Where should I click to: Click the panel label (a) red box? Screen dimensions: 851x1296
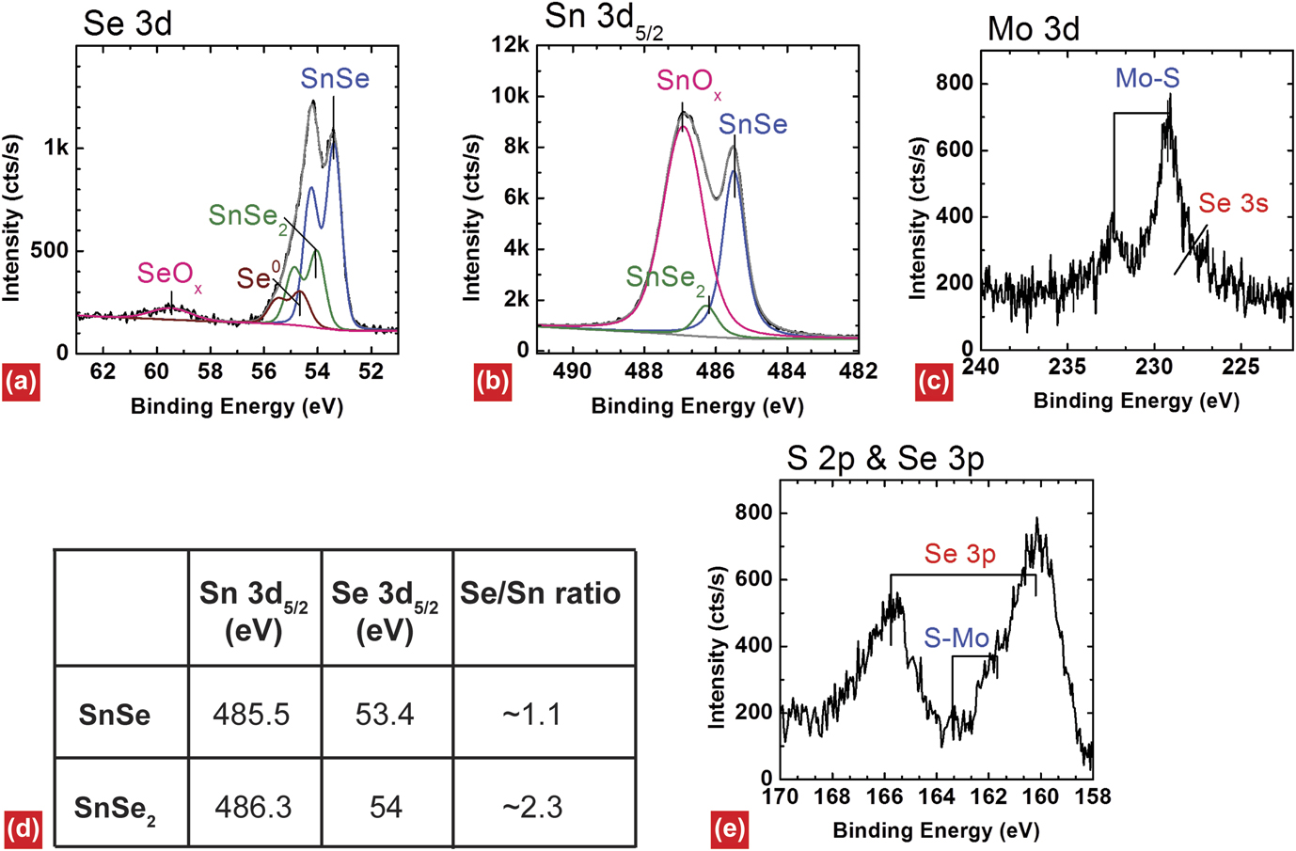click(21, 381)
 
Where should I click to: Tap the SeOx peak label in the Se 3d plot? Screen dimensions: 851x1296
click(168, 275)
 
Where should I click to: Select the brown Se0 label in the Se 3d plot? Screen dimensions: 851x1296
click(258, 277)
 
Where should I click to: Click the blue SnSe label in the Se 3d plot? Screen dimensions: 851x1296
click(335, 79)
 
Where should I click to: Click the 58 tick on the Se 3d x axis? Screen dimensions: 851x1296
click(210, 371)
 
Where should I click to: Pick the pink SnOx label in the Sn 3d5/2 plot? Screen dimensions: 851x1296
click(688, 83)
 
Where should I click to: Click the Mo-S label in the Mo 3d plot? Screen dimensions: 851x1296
click(1147, 78)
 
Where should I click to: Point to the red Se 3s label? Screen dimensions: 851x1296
click(1233, 203)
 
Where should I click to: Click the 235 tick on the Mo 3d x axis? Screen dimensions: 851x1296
click(1067, 367)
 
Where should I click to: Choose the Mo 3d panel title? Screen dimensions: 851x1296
click(1033, 29)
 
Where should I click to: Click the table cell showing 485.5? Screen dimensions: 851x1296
click(252, 715)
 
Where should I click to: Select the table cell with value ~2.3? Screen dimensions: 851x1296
click(532, 807)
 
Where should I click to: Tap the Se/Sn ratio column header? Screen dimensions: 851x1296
click(540, 593)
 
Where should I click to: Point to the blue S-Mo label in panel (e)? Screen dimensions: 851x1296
click(956, 639)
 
